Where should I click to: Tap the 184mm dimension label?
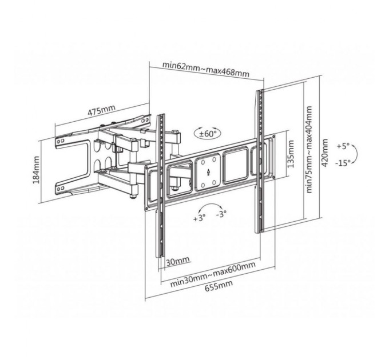[x=35, y=166]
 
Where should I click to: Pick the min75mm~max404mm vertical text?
[x=310, y=150]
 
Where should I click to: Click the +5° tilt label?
[x=343, y=145]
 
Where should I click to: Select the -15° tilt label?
[x=343, y=163]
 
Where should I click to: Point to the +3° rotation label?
[x=199, y=218]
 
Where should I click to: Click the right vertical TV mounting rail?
[x=260, y=160]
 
